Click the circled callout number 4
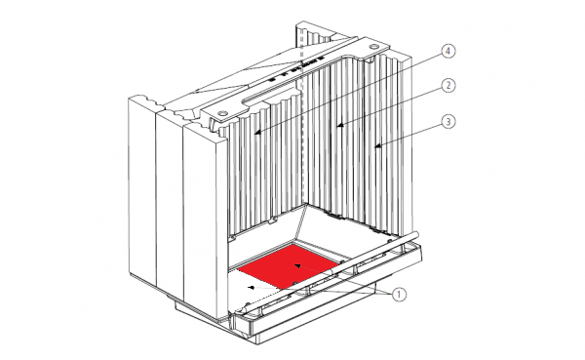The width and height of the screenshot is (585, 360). pos(448,51)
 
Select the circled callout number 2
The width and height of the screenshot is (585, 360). pos(448,86)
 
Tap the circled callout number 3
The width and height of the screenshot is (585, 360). pos(448,122)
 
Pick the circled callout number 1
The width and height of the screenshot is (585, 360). pos(399,295)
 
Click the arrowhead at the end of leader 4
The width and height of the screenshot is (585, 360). pos(256,132)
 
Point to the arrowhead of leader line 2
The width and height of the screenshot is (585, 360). pos(340,125)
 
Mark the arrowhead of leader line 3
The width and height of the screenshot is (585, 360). pos(377,146)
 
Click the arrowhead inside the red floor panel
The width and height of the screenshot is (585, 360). pos(297,265)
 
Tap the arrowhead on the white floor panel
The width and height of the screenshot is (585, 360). pos(253,287)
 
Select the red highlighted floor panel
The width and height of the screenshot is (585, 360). pos(289,266)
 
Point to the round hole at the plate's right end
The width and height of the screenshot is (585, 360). pos(373,46)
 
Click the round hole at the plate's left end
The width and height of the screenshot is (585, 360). pos(222,112)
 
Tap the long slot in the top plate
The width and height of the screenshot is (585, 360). pos(270,96)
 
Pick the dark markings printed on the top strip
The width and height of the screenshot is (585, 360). pos(294,68)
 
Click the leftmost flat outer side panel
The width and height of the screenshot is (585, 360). pos(142,189)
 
